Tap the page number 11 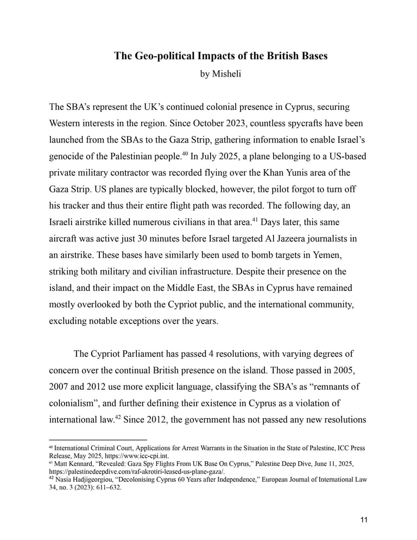(364, 519)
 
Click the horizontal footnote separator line (98, 440)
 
